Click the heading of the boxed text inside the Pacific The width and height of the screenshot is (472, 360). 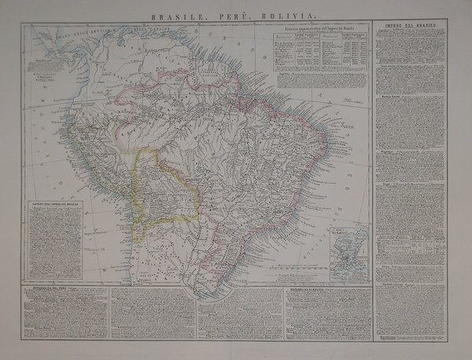(x=54, y=204)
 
